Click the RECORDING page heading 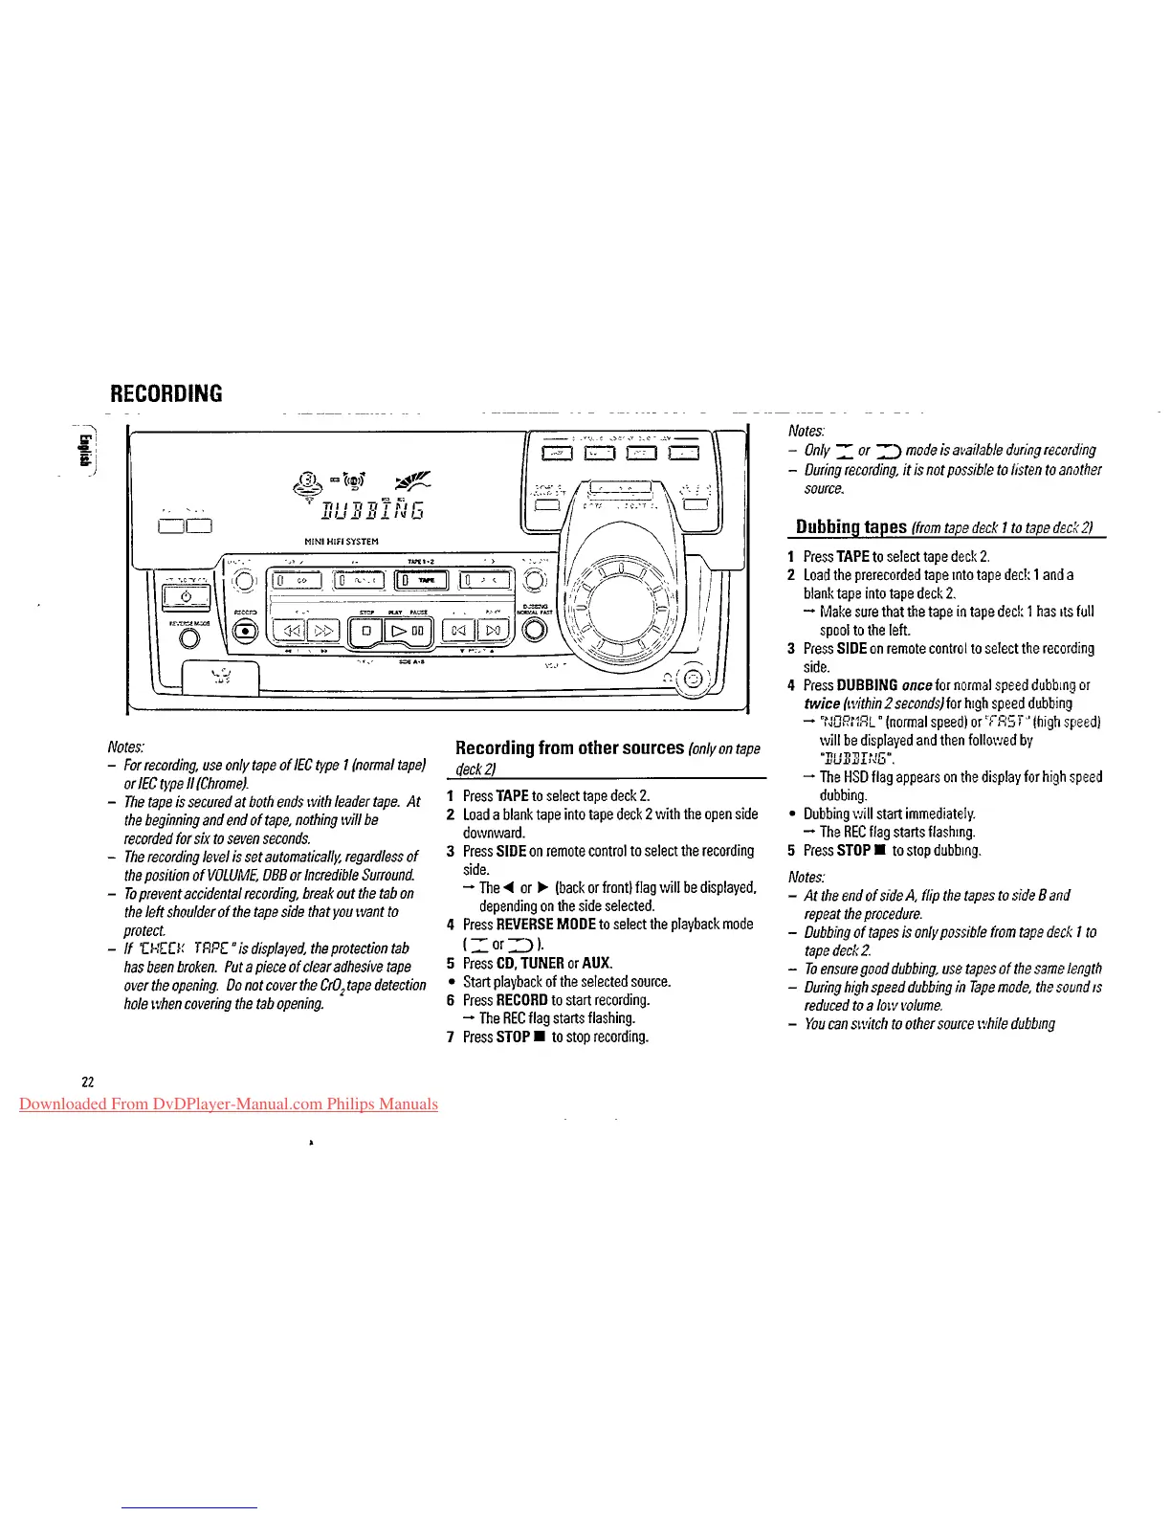click(166, 393)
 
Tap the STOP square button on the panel click(365, 631)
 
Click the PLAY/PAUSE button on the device click(409, 631)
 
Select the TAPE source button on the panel click(422, 580)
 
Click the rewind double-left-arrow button click(289, 631)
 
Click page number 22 click(88, 1081)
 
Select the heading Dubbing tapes click(851, 527)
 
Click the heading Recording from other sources click(569, 747)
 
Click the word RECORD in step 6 click(521, 1000)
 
